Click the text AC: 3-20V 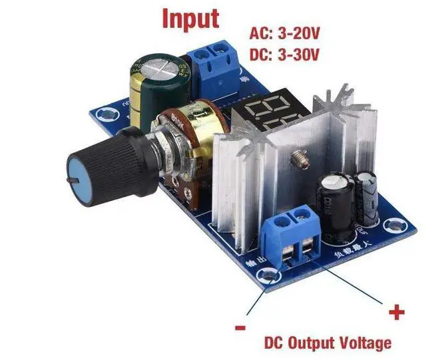tap(284, 33)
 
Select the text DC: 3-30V tap(284, 53)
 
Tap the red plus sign tap(397, 311)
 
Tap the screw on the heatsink tap(298, 160)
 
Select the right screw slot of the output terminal tap(310, 250)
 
